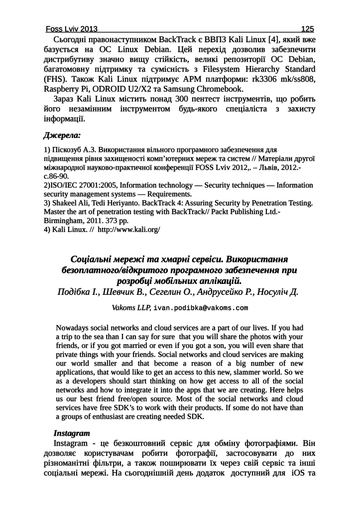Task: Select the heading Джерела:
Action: click(x=62, y=135)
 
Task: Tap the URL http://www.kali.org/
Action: click(x=129, y=230)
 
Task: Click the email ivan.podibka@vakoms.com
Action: click(x=201, y=308)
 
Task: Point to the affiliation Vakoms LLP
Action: click(x=131, y=308)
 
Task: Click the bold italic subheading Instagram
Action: click(x=72, y=433)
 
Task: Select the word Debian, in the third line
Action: click(x=300, y=59)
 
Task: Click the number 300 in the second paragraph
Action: click(x=184, y=100)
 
